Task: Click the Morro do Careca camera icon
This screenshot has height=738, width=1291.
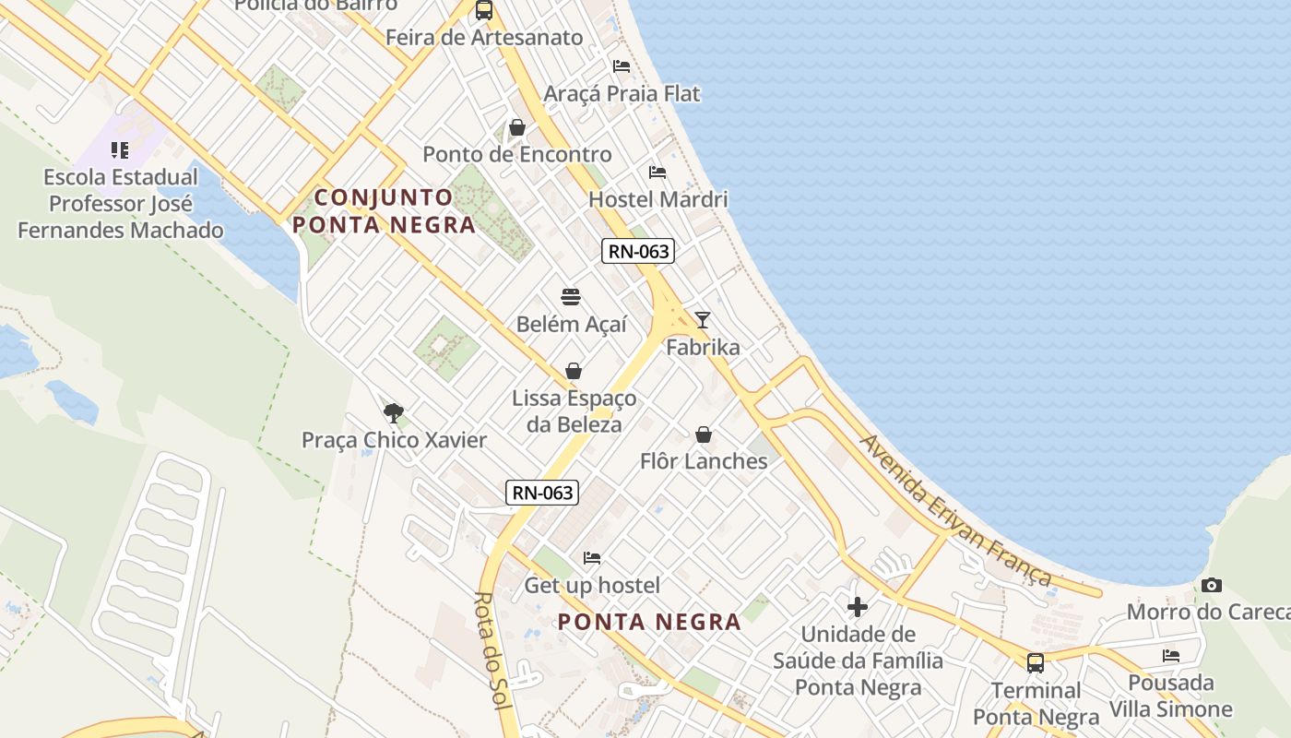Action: pyautogui.click(x=1212, y=585)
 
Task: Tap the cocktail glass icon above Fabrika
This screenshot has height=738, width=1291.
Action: pyautogui.click(x=703, y=320)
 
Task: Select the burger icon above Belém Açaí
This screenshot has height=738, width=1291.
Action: pyautogui.click(x=571, y=297)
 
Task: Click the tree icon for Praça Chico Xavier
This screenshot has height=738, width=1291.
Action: pyautogui.click(x=394, y=412)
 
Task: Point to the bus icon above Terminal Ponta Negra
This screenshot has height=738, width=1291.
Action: pyautogui.click(x=1036, y=662)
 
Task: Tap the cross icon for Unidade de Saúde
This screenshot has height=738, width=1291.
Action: pyautogui.click(x=858, y=606)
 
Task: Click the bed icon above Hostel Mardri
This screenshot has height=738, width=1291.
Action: pyautogui.click(x=657, y=173)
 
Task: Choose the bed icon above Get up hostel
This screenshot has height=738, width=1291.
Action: pyautogui.click(x=592, y=558)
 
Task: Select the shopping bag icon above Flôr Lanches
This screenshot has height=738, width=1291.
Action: pyautogui.click(x=704, y=434)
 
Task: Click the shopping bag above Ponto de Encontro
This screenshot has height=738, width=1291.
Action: pyautogui.click(x=517, y=127)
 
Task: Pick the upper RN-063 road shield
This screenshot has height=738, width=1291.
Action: pyautogui.click(x=638, y=251)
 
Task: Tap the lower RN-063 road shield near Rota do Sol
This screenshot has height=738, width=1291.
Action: pyautogui.click(x=543, y=493)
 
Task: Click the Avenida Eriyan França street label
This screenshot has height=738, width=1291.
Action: pyautogui.click(x=955, y=510)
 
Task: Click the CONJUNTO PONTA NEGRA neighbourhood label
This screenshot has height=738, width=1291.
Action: pyautogui.click(x=384, y=210)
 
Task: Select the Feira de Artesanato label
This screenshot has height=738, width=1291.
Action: pyautogui.click(x=484, y=38)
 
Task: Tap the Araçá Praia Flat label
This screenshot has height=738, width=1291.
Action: pyautogui.click(x=622, y=94)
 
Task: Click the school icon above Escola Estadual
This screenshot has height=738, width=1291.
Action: pyautogui.click(x=120, y=149)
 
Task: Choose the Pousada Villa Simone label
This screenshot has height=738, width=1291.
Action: pyautogui.click(x=1170, y=696)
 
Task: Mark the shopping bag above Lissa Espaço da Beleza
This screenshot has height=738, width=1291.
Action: pyautogui.click(x=574, y=371)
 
